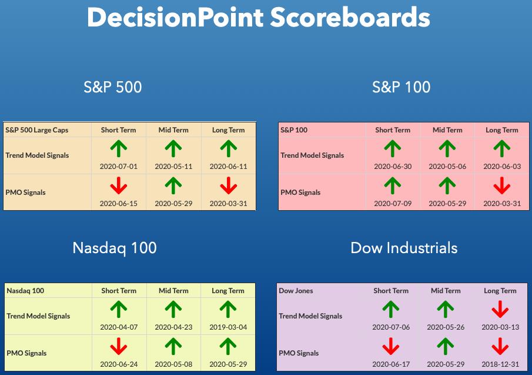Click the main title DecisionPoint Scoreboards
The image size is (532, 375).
coord(259,17)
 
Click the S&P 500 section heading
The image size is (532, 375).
coord(113,87)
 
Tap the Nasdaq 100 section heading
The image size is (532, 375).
coord(115,248)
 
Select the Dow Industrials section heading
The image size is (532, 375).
coord(404,248)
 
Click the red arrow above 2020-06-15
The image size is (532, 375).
coord(118,186)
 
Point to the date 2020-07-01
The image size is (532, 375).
coord(118,167)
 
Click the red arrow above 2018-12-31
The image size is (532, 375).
coord(500,346)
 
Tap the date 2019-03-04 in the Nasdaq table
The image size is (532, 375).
coord(228,327)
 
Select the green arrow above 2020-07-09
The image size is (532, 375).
coord(393,186)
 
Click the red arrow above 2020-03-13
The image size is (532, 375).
coord(500,309)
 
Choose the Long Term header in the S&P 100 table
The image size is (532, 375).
coord(502,130)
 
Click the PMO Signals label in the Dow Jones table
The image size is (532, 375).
coord(299,353)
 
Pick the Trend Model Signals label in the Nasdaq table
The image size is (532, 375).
coord(38,316)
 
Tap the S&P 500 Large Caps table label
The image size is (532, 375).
coord(36,130)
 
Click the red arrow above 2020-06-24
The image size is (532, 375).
coord(118,346)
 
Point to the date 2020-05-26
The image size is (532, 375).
coord(446,327)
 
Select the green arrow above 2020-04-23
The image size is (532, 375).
coord(173,310)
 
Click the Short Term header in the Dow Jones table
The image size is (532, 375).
coord(391,291)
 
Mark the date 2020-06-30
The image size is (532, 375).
coord(393,167)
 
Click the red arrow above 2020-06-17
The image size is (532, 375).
coord(391,346)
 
